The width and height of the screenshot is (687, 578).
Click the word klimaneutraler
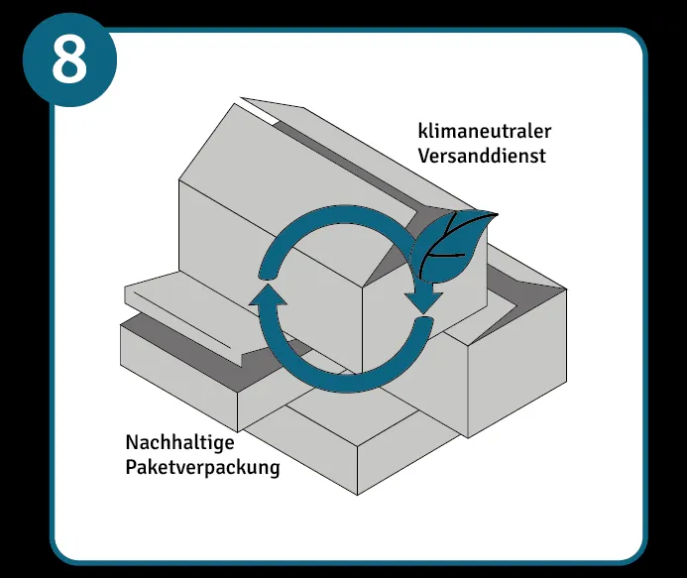[484, 132]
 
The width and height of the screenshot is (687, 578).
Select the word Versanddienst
[482, 156]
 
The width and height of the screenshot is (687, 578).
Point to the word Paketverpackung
[202, 466]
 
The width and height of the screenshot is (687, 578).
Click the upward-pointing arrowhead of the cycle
[268, 297]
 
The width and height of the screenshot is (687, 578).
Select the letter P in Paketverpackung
[131, 466]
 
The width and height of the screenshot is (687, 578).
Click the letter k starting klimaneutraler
[421, 132]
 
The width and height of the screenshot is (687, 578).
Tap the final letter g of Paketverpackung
[274, 468]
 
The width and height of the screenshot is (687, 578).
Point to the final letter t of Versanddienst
[542, 156]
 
